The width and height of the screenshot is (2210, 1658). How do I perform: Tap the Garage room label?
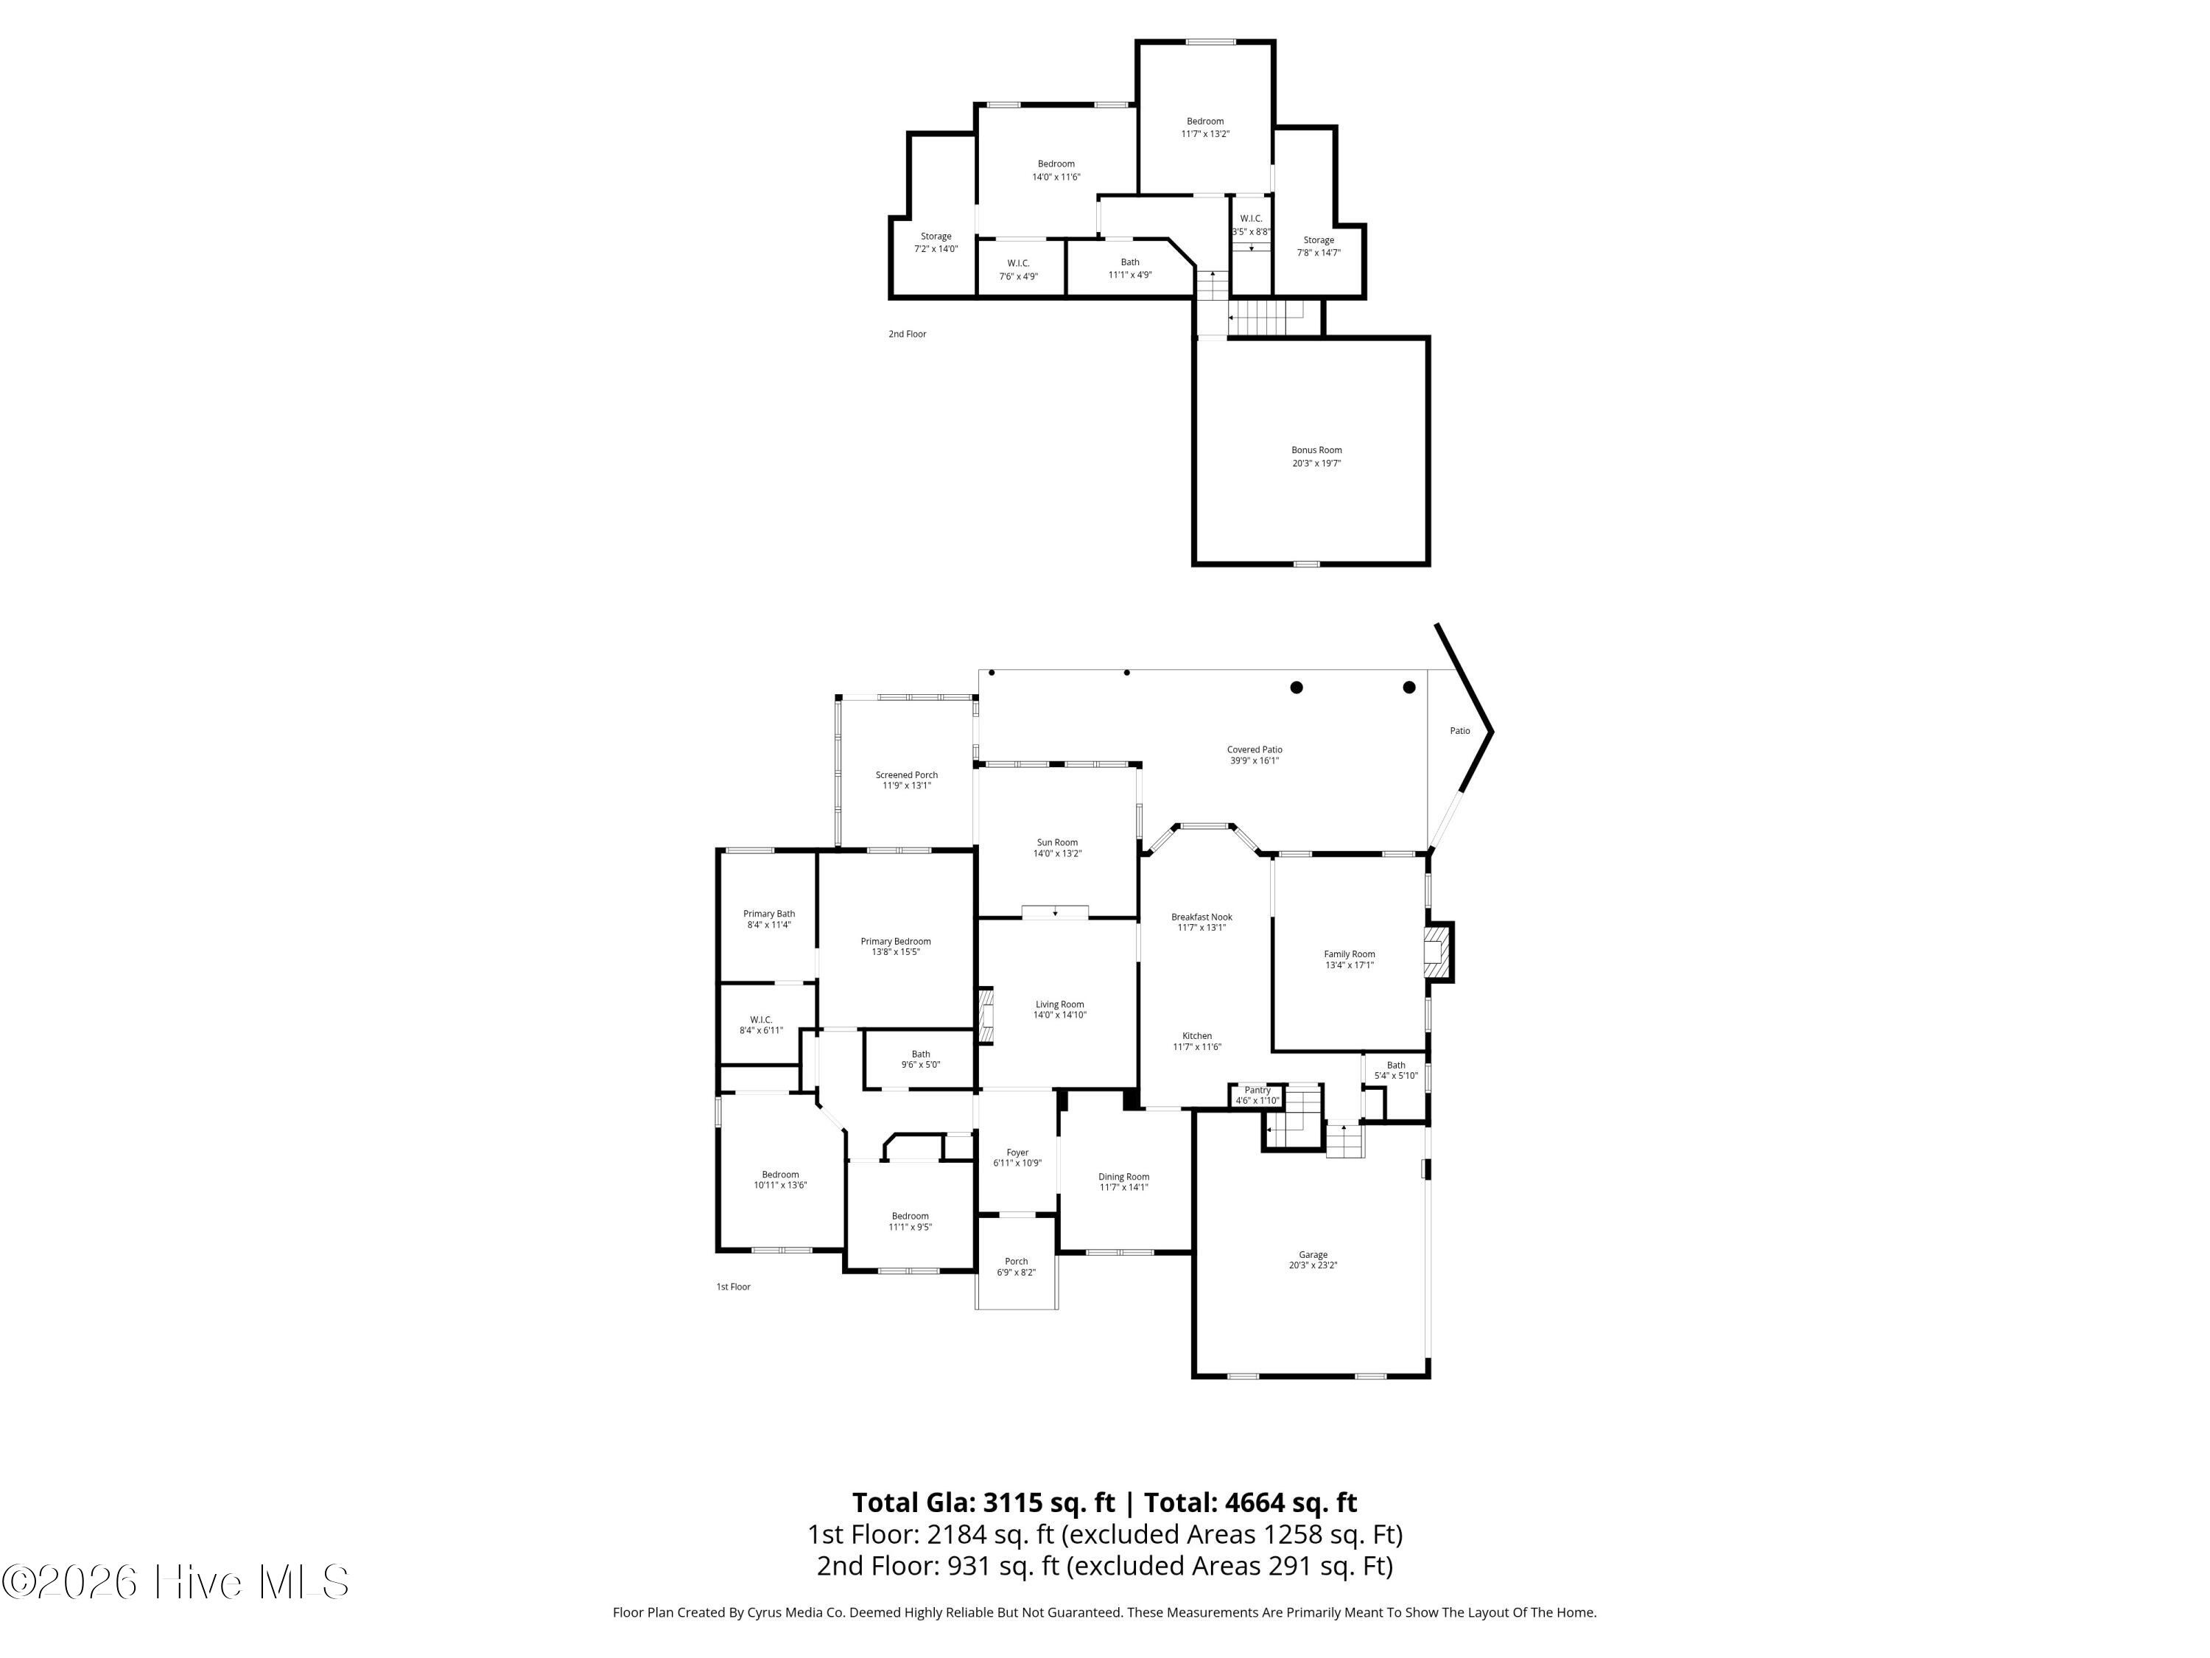coord(1313,1254)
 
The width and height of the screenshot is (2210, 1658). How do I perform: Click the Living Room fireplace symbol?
coord(986,1016)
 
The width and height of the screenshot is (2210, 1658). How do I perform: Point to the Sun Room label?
coord(1057,842)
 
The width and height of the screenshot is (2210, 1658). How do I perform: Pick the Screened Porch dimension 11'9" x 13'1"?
coord(906,786)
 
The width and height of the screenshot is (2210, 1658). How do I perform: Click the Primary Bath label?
coord(769,914)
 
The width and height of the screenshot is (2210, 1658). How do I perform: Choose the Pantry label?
coord(1257,1089)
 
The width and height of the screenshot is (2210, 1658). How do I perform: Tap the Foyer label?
coord(1017,1152)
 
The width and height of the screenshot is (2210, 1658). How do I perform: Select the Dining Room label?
coord(1124,1176)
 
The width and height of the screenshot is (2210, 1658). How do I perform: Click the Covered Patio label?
coord(1255,749)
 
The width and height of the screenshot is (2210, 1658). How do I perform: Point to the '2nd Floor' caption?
coord(907,334)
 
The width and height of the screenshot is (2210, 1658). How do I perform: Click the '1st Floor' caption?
coord(733,1286)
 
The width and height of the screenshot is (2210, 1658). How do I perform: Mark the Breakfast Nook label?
coord(1202,917)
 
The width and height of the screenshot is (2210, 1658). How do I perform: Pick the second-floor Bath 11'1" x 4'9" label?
coord(1130,267)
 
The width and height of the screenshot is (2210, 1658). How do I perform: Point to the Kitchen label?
coord(1197,1035)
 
